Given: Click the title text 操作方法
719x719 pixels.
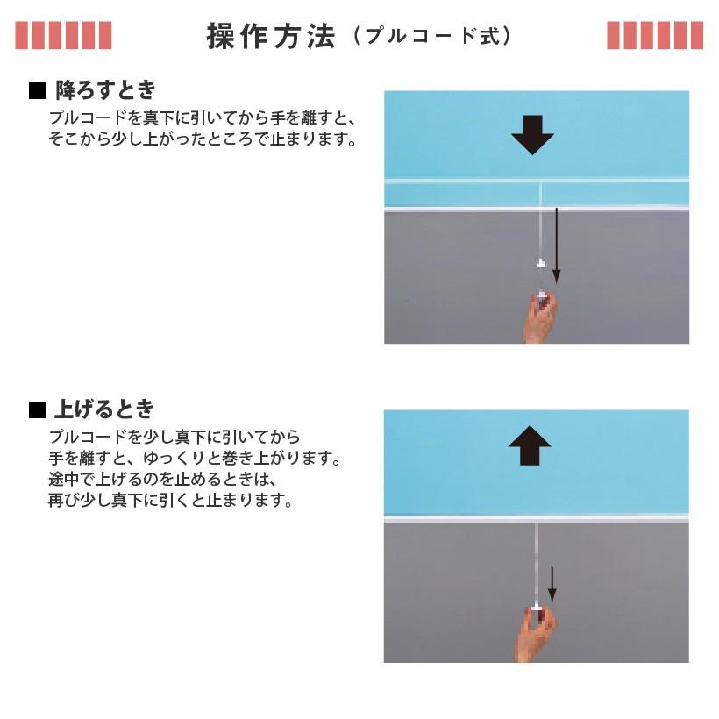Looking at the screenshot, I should [271, 36].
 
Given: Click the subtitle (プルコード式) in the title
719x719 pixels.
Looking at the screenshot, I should [431, 37].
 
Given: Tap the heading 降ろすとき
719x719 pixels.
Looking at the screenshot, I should [105, 89].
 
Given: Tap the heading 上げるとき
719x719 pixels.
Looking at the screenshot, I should [104, 409].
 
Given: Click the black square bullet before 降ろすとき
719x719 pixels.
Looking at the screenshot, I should [37, 90].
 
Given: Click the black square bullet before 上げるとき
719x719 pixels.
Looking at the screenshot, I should [37, 409].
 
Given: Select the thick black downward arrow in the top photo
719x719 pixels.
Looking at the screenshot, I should [532, 135].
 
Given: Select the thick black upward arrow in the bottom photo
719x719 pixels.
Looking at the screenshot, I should [530, 445].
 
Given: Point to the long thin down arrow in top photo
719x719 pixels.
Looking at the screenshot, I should [556, 246].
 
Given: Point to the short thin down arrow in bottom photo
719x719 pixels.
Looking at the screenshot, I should [552, 584].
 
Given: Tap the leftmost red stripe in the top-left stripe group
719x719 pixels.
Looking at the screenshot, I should [21, 35].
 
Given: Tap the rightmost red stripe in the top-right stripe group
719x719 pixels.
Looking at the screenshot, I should [696, 35].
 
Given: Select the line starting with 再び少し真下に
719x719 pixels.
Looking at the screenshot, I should [169, 502].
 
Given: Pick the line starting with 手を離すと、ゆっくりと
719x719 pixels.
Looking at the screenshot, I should [194, 459].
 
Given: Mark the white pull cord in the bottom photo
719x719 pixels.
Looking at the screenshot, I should [536, 561].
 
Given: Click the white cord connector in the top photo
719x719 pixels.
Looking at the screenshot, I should [540, 263].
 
